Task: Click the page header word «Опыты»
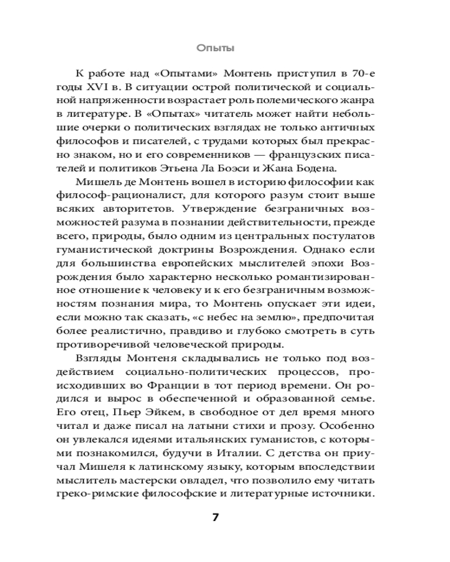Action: coord(215,49)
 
